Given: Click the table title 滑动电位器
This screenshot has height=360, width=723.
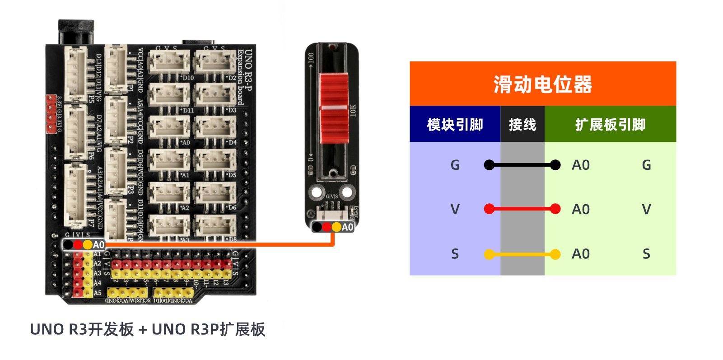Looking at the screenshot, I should click(542, 84).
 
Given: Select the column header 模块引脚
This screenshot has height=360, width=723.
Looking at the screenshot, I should click(455, 124).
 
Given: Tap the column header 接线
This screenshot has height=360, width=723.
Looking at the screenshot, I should click(522, 124).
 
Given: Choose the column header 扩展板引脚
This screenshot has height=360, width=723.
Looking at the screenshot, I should click(610, 124).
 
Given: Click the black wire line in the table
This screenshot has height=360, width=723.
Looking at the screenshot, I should click(522, 165).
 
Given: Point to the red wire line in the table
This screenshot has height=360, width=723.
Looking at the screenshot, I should click(522, 209).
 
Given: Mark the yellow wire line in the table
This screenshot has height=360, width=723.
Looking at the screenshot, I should click(522, 254).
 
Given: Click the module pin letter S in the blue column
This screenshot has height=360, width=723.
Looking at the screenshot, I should click(455, 254).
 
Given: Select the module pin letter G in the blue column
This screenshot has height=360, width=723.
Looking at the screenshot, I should click(455, 165).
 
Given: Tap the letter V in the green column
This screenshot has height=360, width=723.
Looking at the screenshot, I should click(646, 209).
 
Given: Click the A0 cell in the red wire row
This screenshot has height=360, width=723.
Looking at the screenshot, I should click(581, 209).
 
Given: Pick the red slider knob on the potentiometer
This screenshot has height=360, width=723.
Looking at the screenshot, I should click(334, 108).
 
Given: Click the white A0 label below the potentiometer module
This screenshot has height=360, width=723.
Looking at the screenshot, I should click(347, 227).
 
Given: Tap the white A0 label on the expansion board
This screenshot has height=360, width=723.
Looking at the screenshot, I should click(98, 245).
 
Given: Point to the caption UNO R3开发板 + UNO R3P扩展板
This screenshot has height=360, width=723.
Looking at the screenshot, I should click(147, 329).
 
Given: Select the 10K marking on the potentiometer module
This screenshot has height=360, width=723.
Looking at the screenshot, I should click(353, 110).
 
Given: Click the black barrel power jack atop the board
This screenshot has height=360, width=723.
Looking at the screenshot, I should click(76, 32).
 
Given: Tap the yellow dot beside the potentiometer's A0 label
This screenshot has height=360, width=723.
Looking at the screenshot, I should click(336, 227).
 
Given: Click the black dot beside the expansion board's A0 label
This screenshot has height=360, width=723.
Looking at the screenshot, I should click(68, 245).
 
